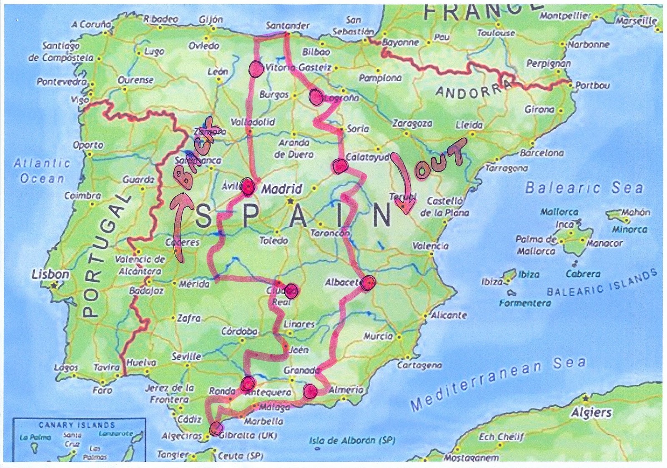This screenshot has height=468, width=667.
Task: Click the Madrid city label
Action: [x=281, y=189]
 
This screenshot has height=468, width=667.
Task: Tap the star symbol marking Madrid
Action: [x=290, y=201]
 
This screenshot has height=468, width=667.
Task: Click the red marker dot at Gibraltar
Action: [x=216, y=428]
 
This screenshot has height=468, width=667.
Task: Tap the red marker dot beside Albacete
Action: [x=368, y=283]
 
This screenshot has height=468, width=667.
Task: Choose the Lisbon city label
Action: [x=50, y=274]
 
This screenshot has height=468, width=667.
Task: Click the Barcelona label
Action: [x=542, y=153]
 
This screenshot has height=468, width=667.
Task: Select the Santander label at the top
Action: [x=288, y=25]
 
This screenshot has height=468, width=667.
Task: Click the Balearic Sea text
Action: [x=584, y=188]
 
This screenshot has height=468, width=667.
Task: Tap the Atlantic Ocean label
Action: [x=42, y=171]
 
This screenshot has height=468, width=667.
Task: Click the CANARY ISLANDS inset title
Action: [x=77, y=425]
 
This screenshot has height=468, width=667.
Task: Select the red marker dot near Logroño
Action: [x=316, y=97]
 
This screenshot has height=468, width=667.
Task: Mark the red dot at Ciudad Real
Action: [x=291, y=290]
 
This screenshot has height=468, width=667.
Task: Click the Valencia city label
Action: [x=430, y=246]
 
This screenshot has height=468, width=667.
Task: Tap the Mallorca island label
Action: [x=559, y=212]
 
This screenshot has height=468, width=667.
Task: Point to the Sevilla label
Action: [x=186, y=356]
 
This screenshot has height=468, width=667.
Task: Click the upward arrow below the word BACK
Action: [x=181, y=227]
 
